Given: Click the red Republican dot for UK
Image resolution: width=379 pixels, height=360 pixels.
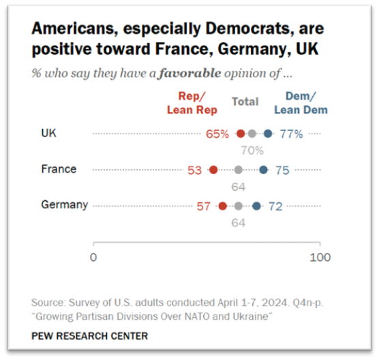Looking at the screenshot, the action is click(x=241, y=134).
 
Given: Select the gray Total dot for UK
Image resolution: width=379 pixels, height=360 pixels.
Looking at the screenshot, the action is click(x=252, y=134).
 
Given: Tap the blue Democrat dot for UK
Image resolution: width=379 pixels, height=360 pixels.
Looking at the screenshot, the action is click(x=268, y=134).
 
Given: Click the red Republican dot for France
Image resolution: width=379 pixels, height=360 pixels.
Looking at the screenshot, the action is click(x=213, y=170).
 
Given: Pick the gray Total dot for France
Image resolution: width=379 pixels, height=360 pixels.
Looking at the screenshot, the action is click(x=239, y=170).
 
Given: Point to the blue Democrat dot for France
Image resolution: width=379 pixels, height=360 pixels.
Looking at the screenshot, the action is click(x=264, y=170).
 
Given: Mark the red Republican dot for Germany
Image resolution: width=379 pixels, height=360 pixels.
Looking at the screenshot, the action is click(x=223, y=206).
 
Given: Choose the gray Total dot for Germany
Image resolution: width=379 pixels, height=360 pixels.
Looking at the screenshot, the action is click(x=239, y=206).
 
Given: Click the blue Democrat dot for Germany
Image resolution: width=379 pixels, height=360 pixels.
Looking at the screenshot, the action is click(x=256, y=206).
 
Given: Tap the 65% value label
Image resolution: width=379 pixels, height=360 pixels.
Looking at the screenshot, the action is click(x=217, y=134).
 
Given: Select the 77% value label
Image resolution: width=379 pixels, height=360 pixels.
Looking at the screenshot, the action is click(x=291, y=134).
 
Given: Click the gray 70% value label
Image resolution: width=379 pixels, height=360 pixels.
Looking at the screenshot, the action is click(x=252, y=151).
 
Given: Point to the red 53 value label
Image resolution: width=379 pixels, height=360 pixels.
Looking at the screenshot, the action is click(x=194, y=170).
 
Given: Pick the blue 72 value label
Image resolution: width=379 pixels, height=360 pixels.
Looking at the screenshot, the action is click(x=275, y=207).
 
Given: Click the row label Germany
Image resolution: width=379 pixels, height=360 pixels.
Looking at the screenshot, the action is click(x=65, y=205).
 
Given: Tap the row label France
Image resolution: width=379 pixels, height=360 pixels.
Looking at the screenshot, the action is click(x=59, y=169).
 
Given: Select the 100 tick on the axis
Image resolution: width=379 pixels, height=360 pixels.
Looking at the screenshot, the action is click(x=320, y=258).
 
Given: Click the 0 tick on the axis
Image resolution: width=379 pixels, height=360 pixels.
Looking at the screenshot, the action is click(x=93, y=258).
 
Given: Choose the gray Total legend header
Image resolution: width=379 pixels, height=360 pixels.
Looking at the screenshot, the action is click(x=245, y=102).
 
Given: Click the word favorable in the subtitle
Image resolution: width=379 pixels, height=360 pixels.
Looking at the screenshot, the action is click(x=189, y=73).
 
